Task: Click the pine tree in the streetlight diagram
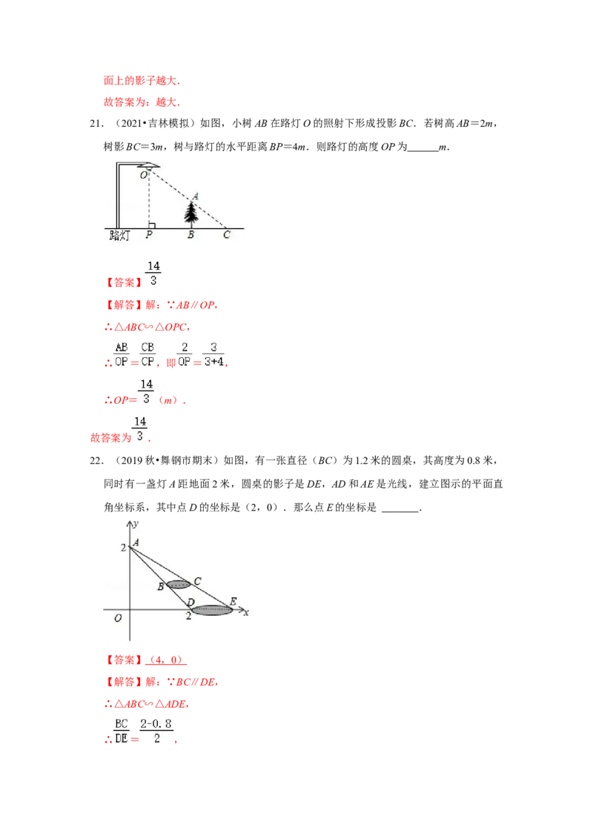pyautogui.click(x=192, y=213)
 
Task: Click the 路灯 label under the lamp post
pyautogui.click(x=119, y=236)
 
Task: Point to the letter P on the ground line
pyautogui.click(x=149, y=236)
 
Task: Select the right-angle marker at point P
pyautogui.click(x=151, y=225)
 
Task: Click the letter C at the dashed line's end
pyautogui.click(x=227, y=236)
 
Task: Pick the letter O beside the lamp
pyautogui.click(x=142, y=175)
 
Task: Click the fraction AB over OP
pyautogui.click(x=122, y=354)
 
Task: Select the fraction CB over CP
pyautogui.click(x=148, y=354)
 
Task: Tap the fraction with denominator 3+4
pyautogui.click(x=213, y=354)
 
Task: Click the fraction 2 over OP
pyautogui.click(x=185, y=354)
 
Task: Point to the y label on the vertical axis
pyautogui.click(x=136, y=523)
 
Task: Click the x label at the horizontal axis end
pyautogui.click(x=246, y=612)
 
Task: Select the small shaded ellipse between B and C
pyautogui.click(x=179, y=584)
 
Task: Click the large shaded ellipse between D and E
pyautogui.click(x=212, y=610)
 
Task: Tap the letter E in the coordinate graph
pyautogui.click(x=233, y=601)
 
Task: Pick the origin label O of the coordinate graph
pyautogui.click(x=117, y=618)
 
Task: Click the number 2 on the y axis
pyautogui.click(x=123, y=548)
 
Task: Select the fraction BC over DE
pyautogui.click(x=121, y=731)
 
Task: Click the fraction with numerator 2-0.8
pyautogui.click(x=157, y=731)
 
